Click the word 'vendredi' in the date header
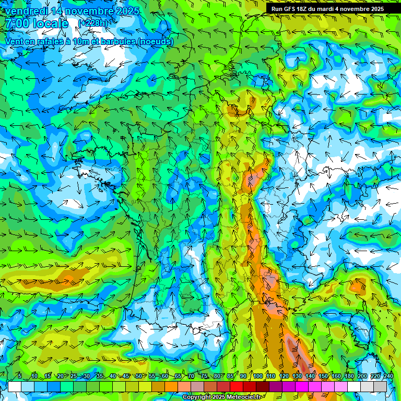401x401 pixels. [x=25, y=11]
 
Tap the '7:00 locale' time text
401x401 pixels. [x=37, y=24]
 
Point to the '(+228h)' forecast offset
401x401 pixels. [x=93, y=23]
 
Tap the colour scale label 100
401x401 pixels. [x=258, y=376]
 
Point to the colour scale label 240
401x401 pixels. [x=388, y=376]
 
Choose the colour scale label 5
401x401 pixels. [x=19, y=376]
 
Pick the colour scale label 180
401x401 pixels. [x=349, y=376]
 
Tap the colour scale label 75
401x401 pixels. [x=204, y=376]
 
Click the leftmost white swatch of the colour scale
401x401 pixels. [x=14, y=386]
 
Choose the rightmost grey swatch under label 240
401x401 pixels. [x=380, y=386]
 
